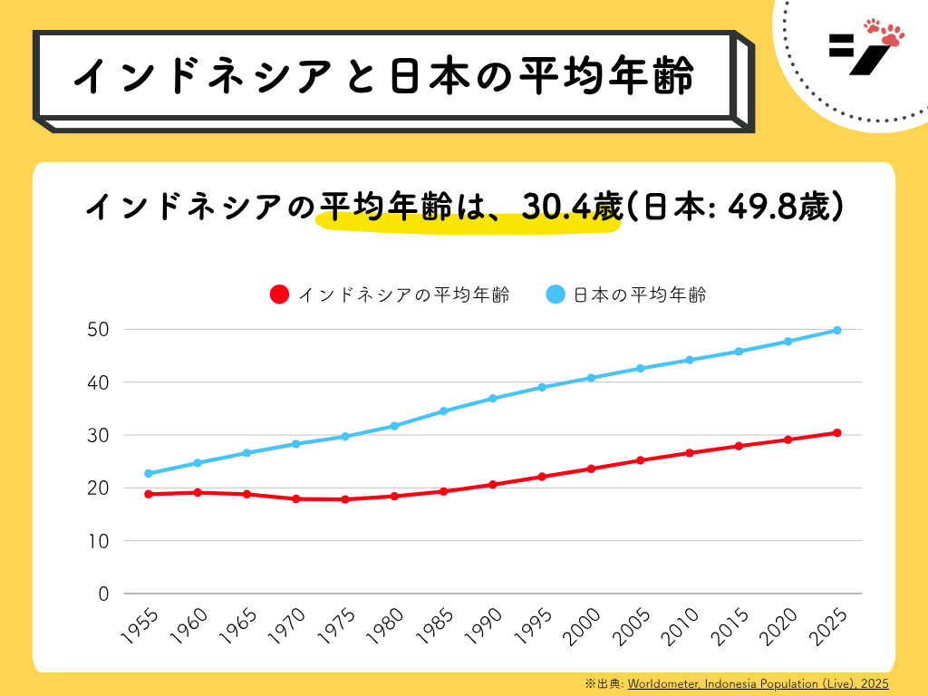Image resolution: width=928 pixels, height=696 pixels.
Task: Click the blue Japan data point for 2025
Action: pyautogui.click(x=837, y=330)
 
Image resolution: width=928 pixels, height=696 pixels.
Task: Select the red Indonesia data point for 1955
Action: pyautogui.click(x=149, y=494)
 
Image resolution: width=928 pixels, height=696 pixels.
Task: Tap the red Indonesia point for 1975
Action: pyautogui.click(x=345, y=499)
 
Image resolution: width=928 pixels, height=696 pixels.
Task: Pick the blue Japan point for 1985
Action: pyautogui.click(x=444, y=411)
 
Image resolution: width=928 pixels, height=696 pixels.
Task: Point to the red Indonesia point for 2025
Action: pyautogui.click(x=837, y=432)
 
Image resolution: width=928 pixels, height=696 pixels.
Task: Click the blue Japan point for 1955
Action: pyautogui.click(x=149, y=473)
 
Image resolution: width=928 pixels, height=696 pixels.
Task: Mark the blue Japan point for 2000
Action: pyautogui.click(x=592, y=377)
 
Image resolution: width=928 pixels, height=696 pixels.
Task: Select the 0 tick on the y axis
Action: pyautogui.click(x=103, y=594)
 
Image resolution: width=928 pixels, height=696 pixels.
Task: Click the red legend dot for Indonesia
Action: pyautogui.click(x=280, y=295)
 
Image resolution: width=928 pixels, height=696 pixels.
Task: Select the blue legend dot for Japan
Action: pyautogui.click(x=556, y=295)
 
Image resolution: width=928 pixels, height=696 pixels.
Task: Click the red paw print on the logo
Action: pyautogui.click(x=886, y=31)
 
